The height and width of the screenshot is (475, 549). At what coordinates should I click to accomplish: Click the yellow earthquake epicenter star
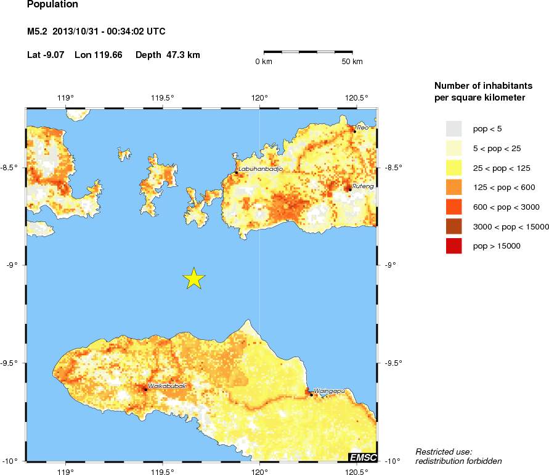click(x=194, y=279)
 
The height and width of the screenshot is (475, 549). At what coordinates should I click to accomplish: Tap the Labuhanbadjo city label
click(x=260, y=169)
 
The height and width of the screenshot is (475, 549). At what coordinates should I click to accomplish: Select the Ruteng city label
click(x=363, y=185)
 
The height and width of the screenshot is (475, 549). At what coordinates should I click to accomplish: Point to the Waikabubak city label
click(x=167, y=386)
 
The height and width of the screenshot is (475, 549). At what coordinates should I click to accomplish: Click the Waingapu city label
click(x=328, y=390)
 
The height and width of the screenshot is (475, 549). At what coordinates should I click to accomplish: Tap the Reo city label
click(x=363, y=127)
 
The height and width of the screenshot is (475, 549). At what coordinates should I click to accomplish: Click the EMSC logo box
click(x=363, y=457)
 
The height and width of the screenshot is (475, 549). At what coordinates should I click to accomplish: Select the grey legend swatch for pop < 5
click(x=453, y=128)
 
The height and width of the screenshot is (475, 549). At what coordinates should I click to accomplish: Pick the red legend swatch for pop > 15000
click(x=453, y=246)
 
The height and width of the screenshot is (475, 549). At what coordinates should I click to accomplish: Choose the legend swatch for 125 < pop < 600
click(x=453, y=188)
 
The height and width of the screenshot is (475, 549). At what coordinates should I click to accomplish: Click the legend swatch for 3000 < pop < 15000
click(x=453, y=226)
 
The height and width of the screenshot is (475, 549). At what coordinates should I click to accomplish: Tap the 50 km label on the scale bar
click(x=352, y=62)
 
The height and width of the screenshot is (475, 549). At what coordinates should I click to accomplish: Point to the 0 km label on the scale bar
click(x=264, y=62)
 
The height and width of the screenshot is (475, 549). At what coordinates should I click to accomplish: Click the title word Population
click(x=53, y=5)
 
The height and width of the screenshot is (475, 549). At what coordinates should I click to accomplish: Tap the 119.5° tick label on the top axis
click(x=163, y=97)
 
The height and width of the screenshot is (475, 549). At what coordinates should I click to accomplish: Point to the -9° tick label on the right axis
click(x=391, y=265)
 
